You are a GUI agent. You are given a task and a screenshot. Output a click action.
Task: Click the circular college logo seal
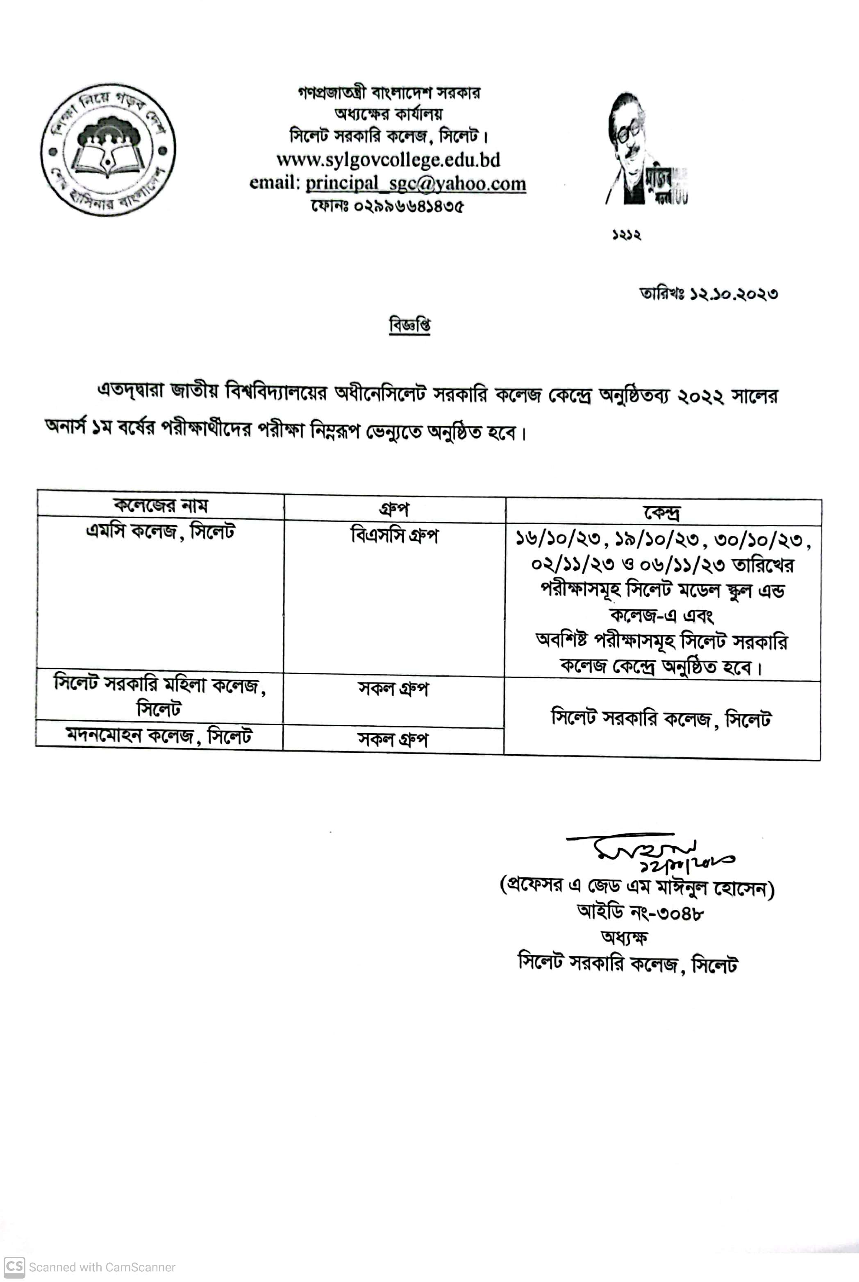coord(108,150)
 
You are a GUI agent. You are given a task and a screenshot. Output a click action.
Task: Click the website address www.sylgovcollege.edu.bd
coord(388,160)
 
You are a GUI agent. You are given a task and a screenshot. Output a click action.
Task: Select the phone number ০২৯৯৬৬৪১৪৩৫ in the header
coord(408,206)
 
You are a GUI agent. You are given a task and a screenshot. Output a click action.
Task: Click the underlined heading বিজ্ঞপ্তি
coord(409,325)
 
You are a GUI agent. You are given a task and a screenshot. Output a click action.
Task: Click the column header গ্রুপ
coord(394,510)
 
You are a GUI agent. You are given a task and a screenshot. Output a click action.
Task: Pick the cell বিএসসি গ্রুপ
coord(394,535)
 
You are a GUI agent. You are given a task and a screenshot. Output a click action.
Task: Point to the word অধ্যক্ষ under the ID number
coord(625,938)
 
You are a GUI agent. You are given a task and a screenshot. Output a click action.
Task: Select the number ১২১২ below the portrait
coord(626,236)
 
